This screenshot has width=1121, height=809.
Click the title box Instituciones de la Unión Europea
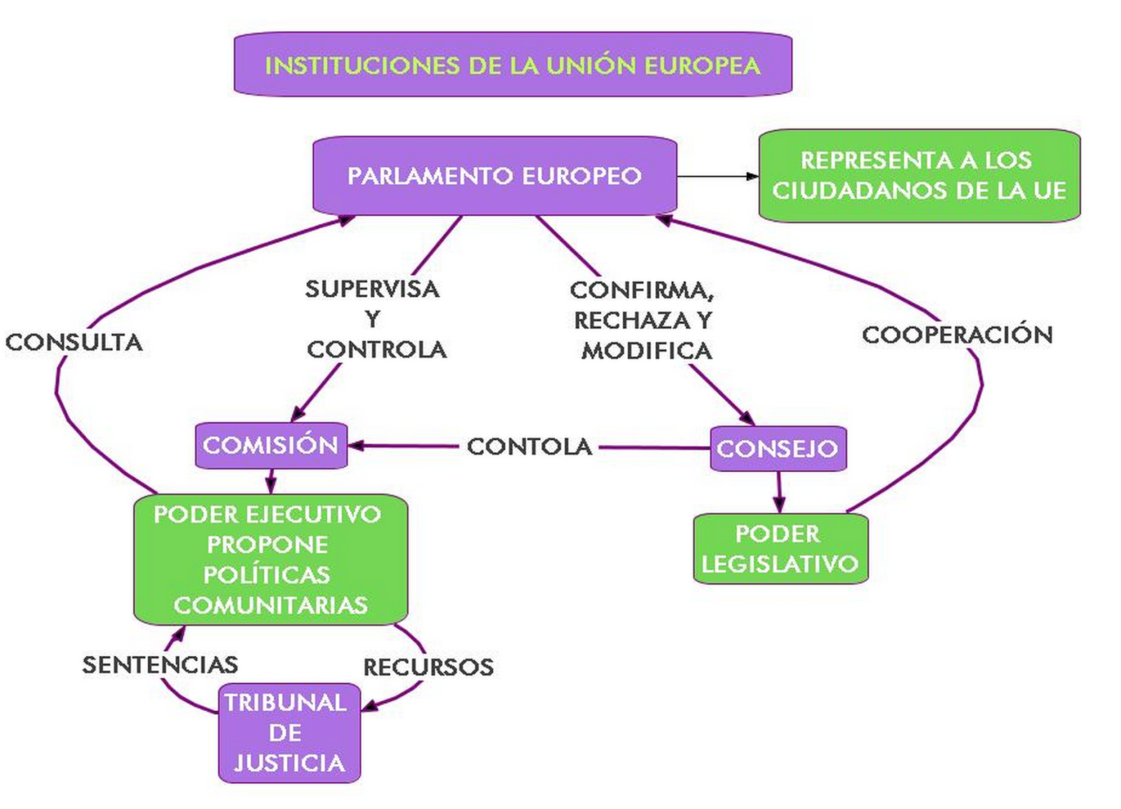point(512,64)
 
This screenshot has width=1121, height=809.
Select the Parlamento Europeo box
point(495,175)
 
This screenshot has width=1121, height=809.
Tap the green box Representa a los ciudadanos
point(919,175)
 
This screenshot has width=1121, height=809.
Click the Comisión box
point(271,445)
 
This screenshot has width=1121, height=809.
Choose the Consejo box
point(778,449)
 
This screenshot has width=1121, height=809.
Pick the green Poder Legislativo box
point(780,549)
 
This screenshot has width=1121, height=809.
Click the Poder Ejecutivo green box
point(270,559)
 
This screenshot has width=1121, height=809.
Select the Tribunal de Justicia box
point(289,733)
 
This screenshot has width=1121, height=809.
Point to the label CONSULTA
point(74,342)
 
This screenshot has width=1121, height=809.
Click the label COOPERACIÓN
point(957,335)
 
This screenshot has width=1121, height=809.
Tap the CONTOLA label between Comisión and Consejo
point(530,447)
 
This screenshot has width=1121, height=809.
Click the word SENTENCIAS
point(160,665)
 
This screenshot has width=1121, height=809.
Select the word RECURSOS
point(428,667)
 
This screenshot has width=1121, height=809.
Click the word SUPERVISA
point(372,289)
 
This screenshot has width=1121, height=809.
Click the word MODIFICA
point(647,351)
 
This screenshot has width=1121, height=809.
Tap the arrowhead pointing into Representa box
point(752,177)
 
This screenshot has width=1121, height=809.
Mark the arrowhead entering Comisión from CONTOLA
point(356,445)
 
